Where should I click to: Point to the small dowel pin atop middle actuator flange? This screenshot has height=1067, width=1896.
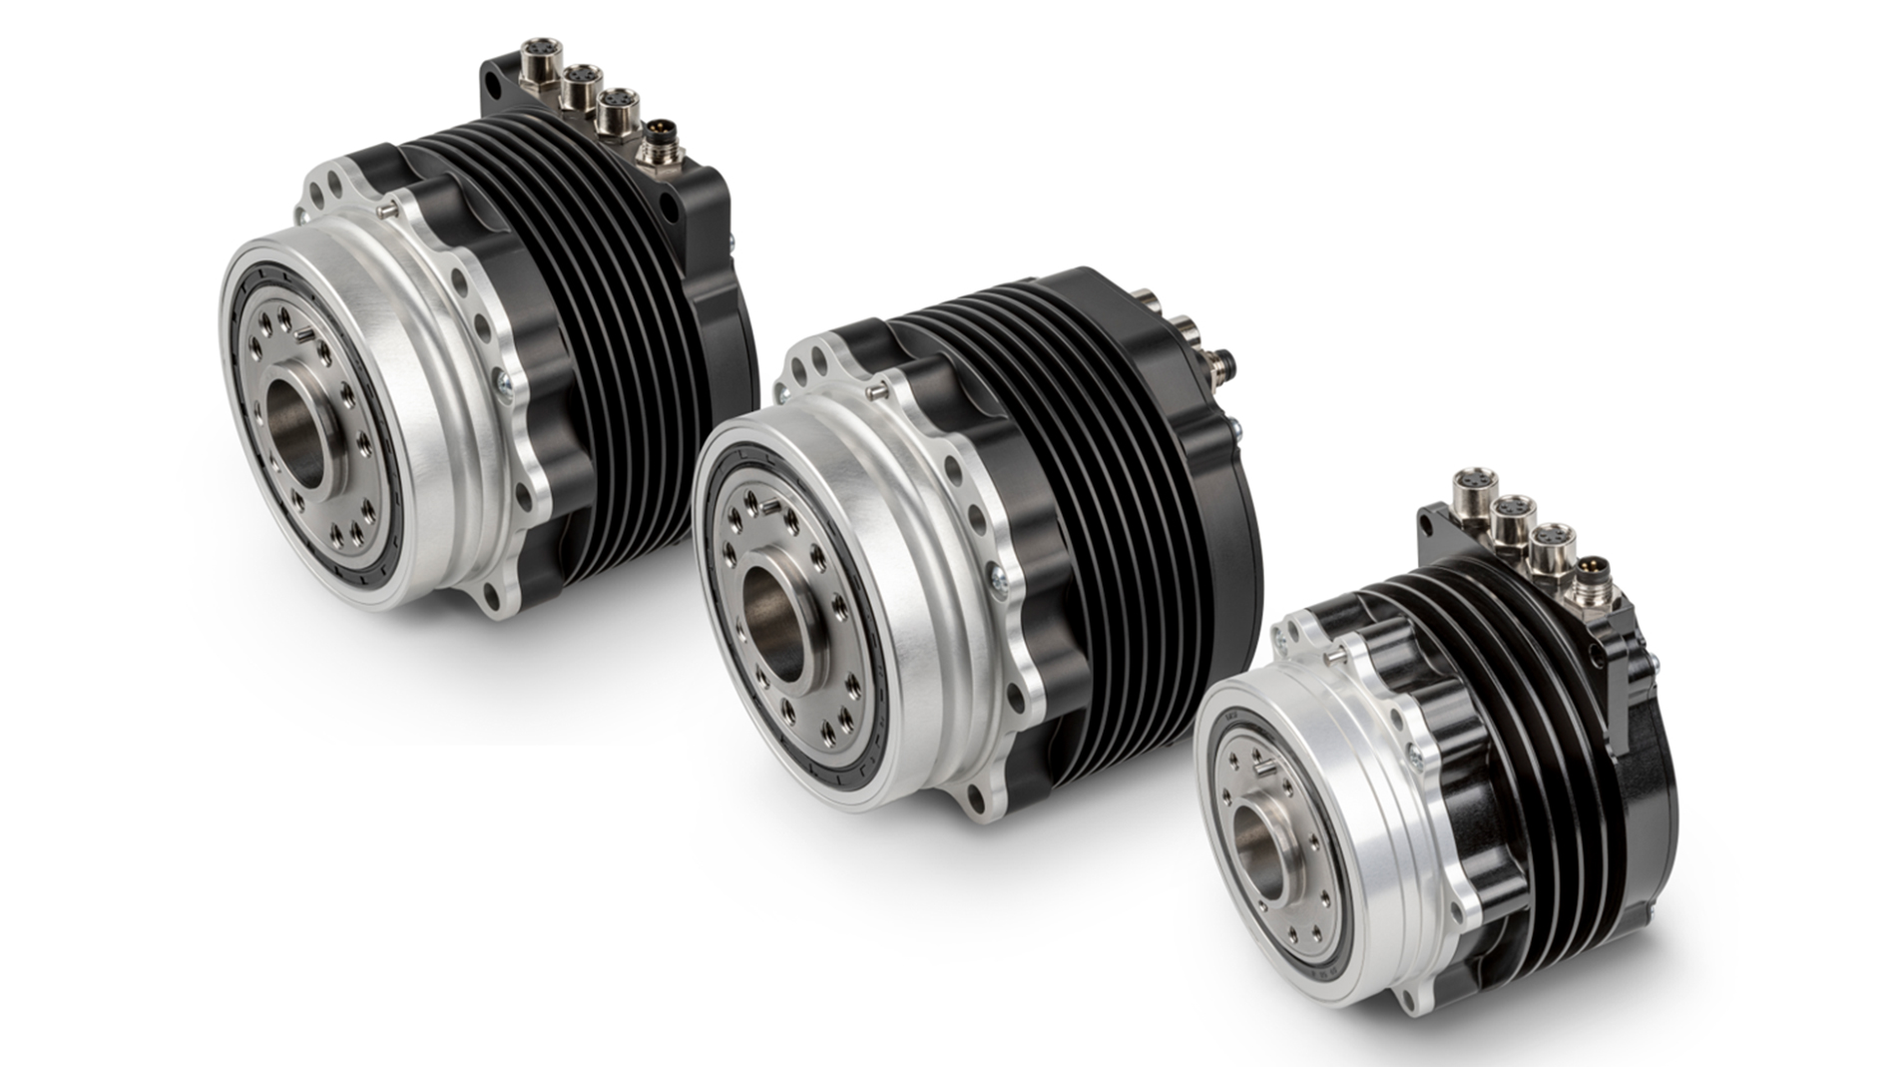pos(875,392)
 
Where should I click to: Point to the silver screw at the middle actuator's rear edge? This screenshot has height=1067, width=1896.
pos(1237,428)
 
